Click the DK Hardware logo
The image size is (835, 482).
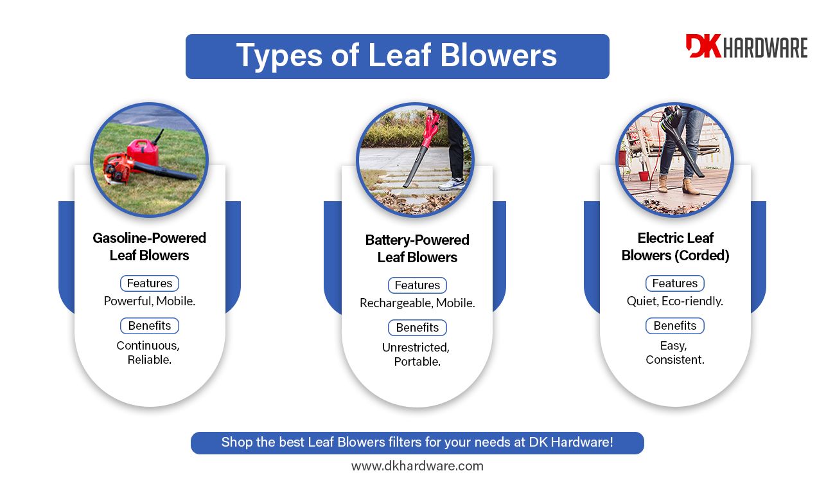click(x=746, y=46)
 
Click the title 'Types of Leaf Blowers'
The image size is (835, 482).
click(x=397, y=56)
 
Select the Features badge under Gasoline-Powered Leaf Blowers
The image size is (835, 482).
click(x=150, y=283)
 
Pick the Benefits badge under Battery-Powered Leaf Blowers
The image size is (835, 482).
click(x=417, y=327)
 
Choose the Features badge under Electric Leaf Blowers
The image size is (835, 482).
click(x=674, y=283)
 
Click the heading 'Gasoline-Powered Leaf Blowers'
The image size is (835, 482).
click(x=150, y=247)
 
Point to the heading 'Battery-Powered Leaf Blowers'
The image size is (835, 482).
click(x=417, y=249)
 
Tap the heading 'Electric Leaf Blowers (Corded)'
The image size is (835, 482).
click(x=675, y=247)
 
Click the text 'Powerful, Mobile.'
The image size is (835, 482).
click(x=150, y=301)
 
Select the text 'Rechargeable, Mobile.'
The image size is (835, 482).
click(x=417, y=303)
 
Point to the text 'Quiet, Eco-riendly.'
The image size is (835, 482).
click(x=674, y=301)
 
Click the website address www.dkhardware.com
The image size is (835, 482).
click(x=417, y=466)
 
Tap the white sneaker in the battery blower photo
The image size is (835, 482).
click(x=452, y=183)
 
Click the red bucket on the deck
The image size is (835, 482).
click(x=644, y=175)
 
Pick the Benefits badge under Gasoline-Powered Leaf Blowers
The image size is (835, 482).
click(x=150, y=326)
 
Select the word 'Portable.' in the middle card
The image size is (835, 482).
click(x=417, y=361)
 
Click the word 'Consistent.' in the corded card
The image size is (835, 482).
click(x=674, y=360)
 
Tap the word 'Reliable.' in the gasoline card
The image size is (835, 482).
click(x=150, y=360)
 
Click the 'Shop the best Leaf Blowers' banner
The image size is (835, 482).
click(x=417, y=443)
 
